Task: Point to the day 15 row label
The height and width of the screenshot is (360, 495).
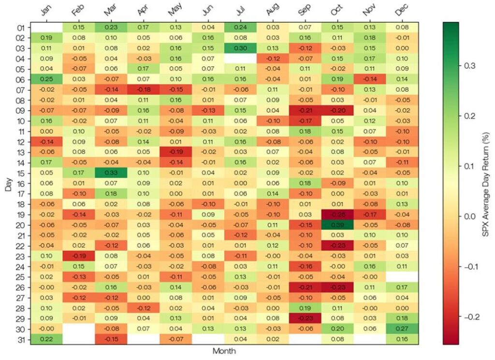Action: pos(18,173)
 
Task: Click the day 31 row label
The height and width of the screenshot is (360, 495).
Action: pos(18,339)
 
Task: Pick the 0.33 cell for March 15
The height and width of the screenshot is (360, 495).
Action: pos(112,173)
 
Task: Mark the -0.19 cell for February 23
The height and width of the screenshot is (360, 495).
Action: pos(79,256)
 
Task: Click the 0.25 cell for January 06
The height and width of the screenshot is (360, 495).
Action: pos(47,79)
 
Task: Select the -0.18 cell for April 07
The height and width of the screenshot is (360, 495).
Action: pos(144,90)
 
